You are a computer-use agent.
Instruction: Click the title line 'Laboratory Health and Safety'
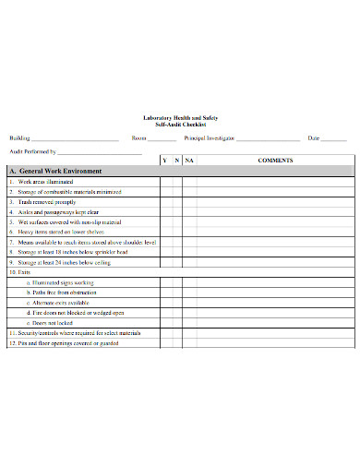tap(180, 117)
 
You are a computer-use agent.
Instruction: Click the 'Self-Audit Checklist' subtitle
tap(180, 124)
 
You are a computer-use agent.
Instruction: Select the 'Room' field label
tap(139, 137)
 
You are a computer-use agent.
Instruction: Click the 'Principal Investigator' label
tap(210, 137)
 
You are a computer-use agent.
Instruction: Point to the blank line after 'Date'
tap(333, 139)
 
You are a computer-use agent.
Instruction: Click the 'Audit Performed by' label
tap(33, 149)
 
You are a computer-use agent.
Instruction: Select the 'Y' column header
tap(165, 161)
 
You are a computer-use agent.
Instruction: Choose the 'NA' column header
tap(189, 161)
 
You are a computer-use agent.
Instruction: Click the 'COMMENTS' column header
tap(275, 161)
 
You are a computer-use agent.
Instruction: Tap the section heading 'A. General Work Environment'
tap(54, 172)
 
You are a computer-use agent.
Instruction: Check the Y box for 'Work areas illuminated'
tap(165, 182)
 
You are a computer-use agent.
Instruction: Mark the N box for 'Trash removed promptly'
tap(176, 202)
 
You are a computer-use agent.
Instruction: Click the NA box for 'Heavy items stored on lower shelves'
tap(189, 233)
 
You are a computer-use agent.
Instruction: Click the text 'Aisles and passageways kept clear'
tap(64, 212)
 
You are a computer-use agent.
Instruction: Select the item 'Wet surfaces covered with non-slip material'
tap(69, 222)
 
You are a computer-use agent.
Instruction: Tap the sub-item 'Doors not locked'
tap(54, 323)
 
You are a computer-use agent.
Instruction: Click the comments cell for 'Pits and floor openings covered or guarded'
tap(275, 342)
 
